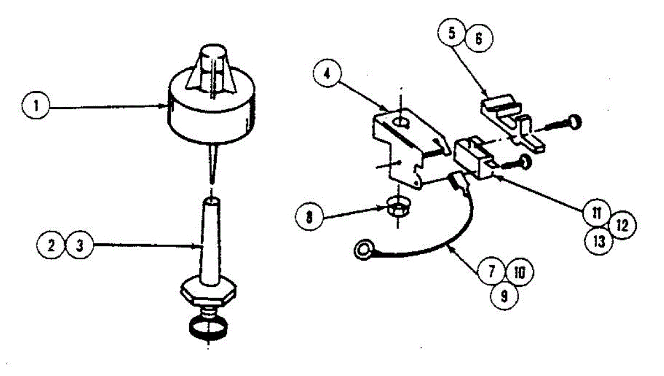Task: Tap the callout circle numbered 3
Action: (x=80, y=245)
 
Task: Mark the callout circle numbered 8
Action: (x=309, y=216)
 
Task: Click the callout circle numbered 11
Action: (x=596, y=212)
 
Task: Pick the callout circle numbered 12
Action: (x=622, y=225)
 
